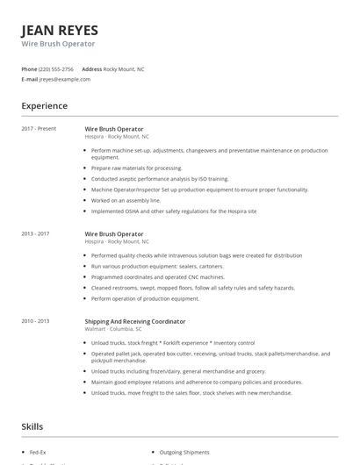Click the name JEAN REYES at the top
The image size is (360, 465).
coord(60,30)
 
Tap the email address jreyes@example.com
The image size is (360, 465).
coord(65,79)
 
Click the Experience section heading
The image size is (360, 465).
coord(45,106)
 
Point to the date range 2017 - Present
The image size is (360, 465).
coord(39,129)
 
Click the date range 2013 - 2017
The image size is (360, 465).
coord(36,234)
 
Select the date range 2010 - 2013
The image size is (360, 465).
coord(36,322)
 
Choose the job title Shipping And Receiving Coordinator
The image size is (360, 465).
coord(135,322)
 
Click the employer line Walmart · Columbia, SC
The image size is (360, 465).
coord(118,329)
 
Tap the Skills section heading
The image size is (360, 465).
coord(32,426)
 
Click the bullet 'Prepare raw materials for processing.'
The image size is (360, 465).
coord(136,168)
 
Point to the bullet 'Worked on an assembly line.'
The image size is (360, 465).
coord(126,200)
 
